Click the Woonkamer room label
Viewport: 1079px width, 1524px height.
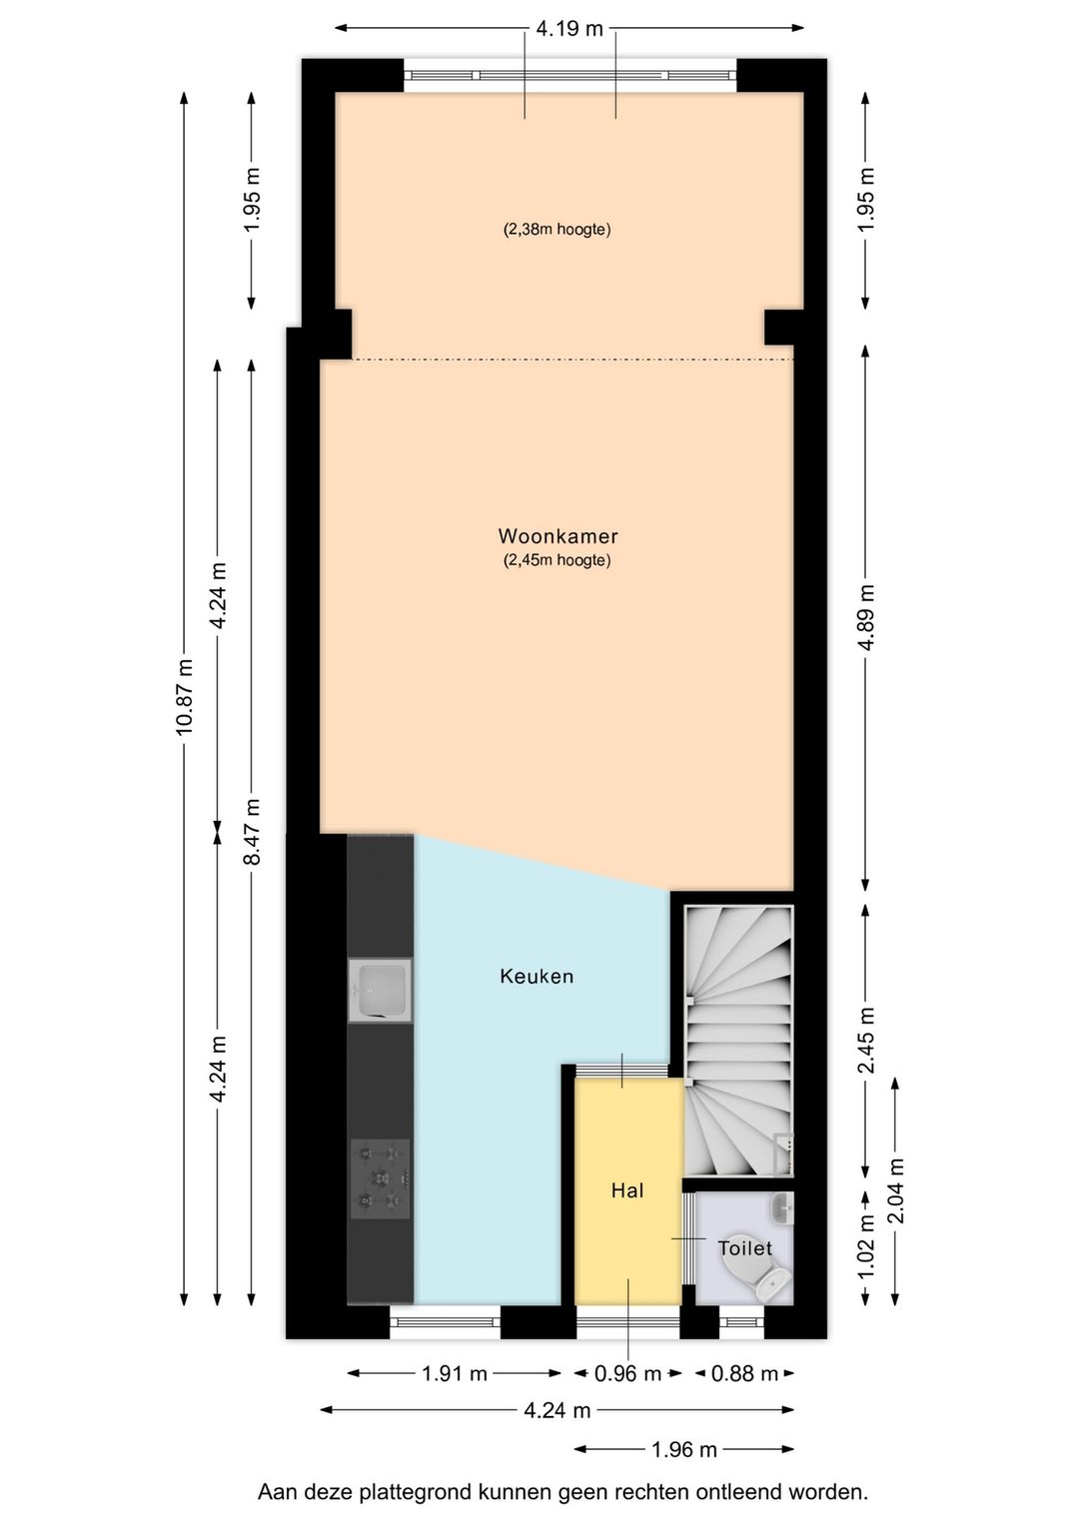(557, 536)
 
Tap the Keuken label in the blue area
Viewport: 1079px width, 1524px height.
(537, 977)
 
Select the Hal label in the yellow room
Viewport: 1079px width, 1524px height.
(627, 1190)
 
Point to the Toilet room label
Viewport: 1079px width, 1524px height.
(744, 1248)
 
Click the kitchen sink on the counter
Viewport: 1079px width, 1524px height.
(380, 990)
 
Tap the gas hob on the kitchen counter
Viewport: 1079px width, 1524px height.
(380, 1178)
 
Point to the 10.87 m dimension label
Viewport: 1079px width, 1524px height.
(184, 697)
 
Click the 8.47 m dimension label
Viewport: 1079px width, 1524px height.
(253, 831)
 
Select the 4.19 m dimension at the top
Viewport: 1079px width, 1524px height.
(569, 28)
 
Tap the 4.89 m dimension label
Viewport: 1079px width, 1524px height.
(866, 618)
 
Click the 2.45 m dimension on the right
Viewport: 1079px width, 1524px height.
(866, 1040)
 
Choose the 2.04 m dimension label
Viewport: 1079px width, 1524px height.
(896, 1190)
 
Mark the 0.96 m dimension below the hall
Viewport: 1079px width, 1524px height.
(627, 1374)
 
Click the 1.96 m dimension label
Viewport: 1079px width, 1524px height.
(684, 1449)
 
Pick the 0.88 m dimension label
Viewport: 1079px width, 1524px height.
(744, 1374)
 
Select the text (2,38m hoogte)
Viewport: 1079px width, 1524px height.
(556, 230)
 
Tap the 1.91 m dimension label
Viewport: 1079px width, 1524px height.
(455, 1374)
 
